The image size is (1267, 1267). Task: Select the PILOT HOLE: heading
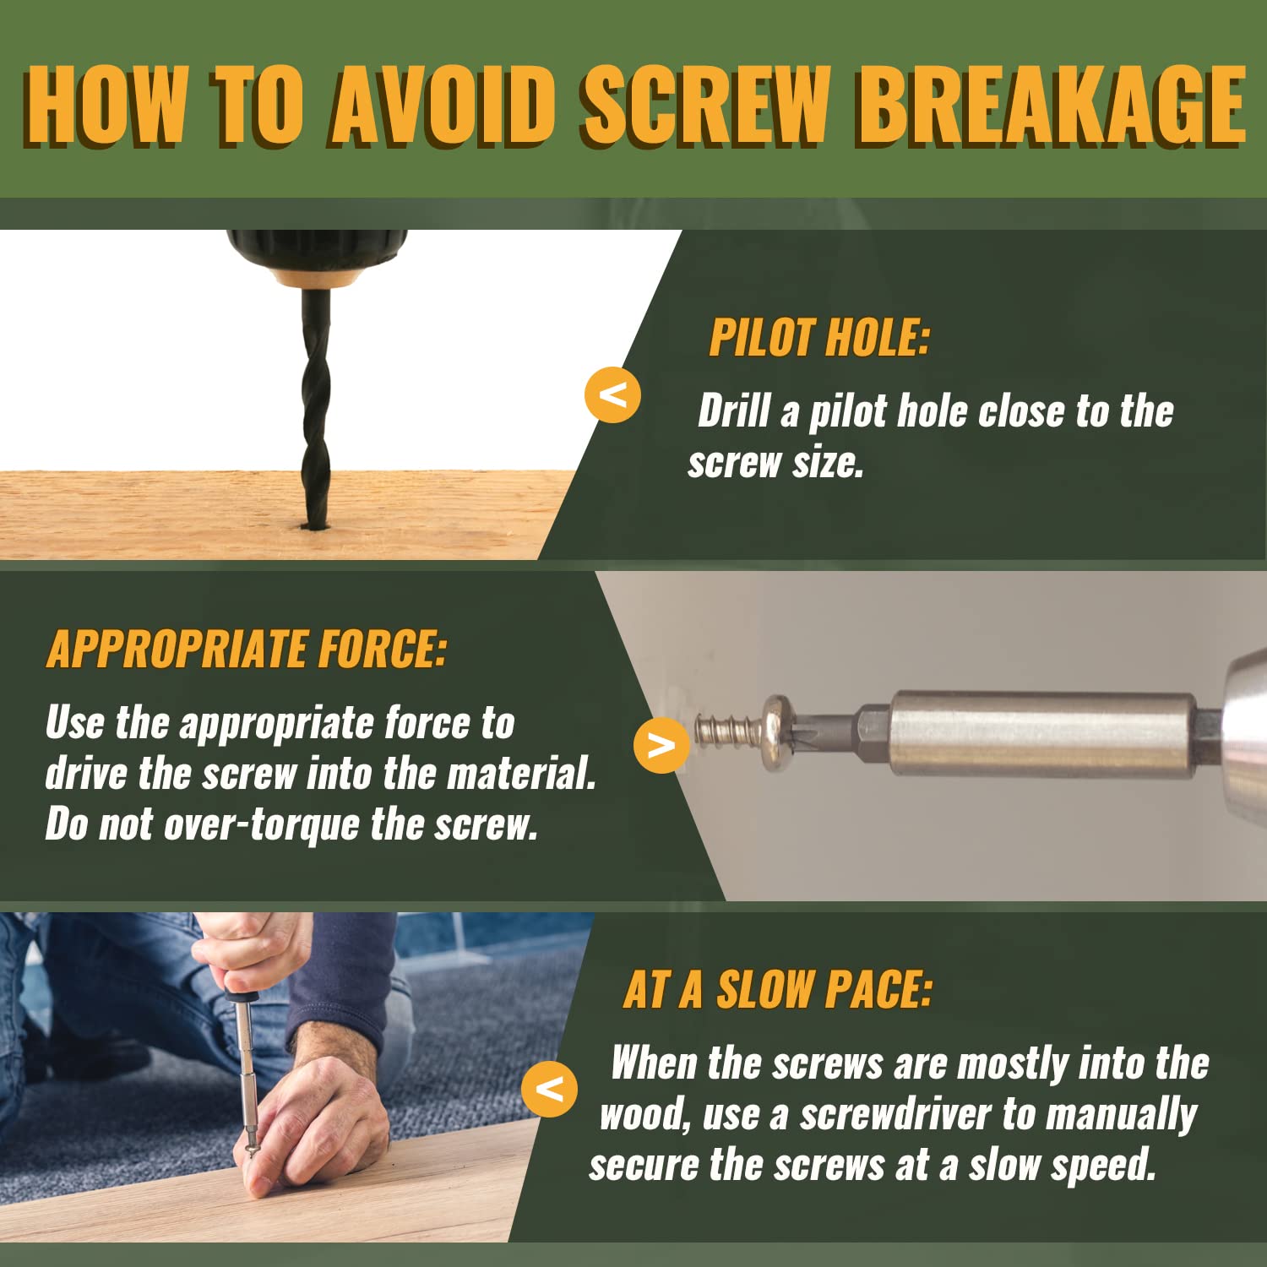click(x=819, y=338)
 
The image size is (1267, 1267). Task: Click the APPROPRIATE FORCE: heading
click(x=247, y=650)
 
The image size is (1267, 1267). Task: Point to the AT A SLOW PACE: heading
click(x=778, y=989)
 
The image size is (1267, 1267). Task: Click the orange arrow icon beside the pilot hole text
click(x=612, y=394)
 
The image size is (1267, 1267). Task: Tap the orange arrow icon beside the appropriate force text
click(x=661, y=745)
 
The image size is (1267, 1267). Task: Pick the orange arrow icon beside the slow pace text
click(x=550, y=1089)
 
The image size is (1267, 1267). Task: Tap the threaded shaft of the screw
click(x=728, y=731)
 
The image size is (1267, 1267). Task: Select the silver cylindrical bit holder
click(x=1043, y=733)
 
